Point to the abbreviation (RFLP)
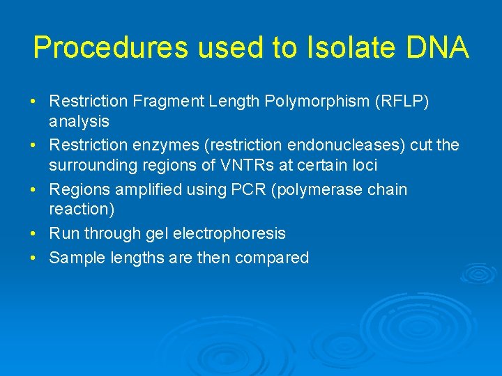click(402, 102)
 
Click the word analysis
click(79, 121)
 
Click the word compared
click(272, 258)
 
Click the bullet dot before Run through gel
click(33, 233)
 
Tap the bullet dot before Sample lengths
click(33, 258)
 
